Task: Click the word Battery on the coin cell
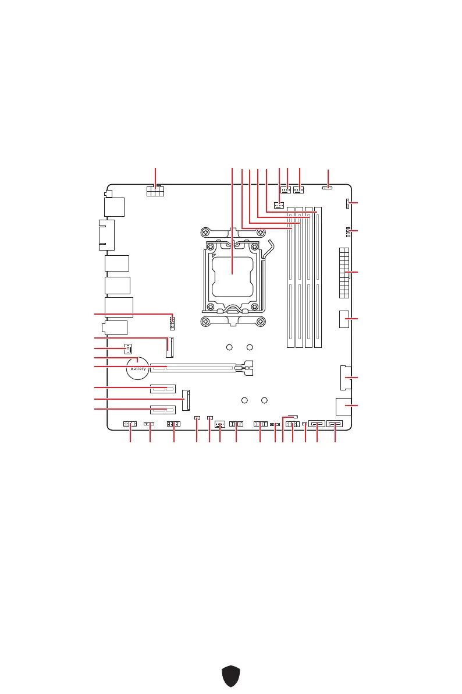tap(138, 369)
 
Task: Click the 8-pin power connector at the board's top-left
tap(155, 191)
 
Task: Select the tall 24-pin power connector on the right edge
tap(343, 272)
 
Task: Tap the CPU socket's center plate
tap(232, 272)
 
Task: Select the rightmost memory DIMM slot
tap(318, 277)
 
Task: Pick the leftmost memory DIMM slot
tap(290, 277)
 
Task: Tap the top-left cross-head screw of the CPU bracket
tap(207, 232)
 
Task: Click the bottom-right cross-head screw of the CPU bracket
tap(257, 322)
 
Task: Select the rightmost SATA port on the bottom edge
tap(335, 424)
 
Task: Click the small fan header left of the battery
tap(127, 348)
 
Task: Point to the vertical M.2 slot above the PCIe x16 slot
tap(169, 347)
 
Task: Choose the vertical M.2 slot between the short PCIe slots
tap(186, 400)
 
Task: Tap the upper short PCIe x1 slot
tap(162, 388)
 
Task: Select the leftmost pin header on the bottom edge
tap(130, 424)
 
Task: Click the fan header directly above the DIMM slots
tap(279, 205)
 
